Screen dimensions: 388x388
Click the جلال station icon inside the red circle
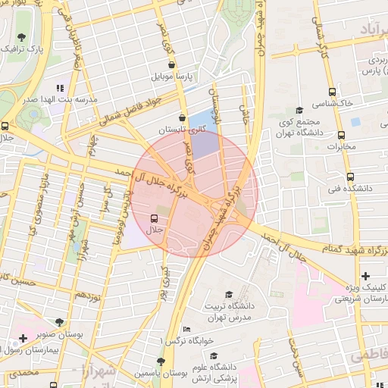pos(155,217)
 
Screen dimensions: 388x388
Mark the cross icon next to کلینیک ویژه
pos(366,275)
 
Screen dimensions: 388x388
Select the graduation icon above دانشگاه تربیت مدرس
pos(229,295)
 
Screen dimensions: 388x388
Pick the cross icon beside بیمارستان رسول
pos(23,337)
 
